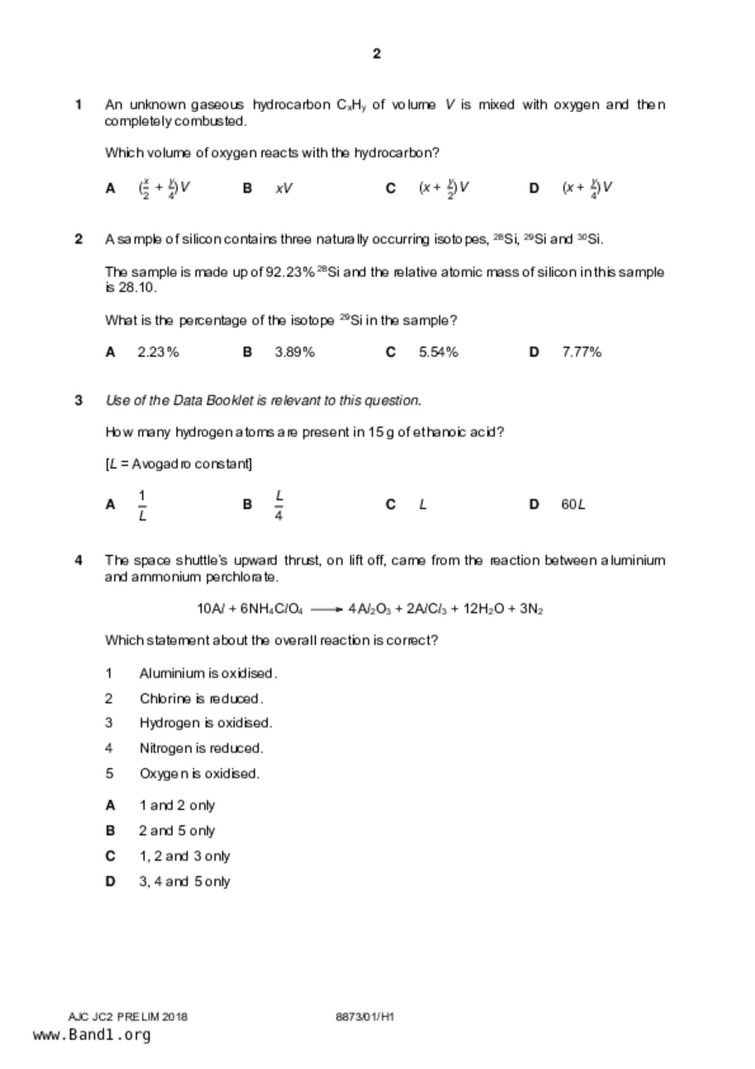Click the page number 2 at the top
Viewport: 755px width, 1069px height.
[x=377, y=54]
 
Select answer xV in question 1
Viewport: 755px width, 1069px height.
[x=284, y=188]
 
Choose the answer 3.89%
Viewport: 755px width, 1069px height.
[x=294, y=352]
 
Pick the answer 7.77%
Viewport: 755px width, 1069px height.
[x=581, y=352]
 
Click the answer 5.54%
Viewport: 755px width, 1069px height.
[x=438, y=352]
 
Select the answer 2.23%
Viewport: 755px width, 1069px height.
[x=158, y=352]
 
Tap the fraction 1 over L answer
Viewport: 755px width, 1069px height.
[x=142, y=505]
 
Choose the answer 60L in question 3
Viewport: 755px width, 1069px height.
[x=573, y=505]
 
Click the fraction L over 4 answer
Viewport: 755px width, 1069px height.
[x=278, y=505]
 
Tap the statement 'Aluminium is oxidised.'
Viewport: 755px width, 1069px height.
[x=208, y=673]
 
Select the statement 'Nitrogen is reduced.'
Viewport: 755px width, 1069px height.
[x=201, y=748]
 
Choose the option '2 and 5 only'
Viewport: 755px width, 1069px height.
[x=177, y=831]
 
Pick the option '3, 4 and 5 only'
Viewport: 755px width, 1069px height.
[x=185, y=881]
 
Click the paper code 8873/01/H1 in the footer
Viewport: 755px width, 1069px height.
[x=364, y=1017]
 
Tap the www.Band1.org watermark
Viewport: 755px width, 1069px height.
[x=91, y=1035]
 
